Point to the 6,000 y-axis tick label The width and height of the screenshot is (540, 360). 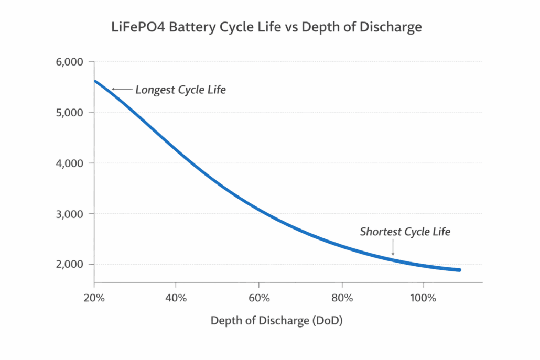(69, 62)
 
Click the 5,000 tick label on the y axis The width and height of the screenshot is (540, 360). (69, 112)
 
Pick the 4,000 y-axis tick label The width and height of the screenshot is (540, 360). (69, 163)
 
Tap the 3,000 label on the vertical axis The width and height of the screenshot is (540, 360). (69, 214)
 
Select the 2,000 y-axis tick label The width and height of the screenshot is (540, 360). (69, 264)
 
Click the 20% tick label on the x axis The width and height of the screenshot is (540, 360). (94, 298)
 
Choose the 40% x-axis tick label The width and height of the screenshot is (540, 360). (176, 298)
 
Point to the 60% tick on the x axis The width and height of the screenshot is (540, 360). (259, 298)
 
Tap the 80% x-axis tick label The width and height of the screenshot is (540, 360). (342, 298)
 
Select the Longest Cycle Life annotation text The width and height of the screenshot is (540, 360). (180, 90)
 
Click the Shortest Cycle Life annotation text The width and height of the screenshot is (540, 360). (405, 232)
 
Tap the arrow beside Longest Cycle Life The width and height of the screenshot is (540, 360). (122, 90)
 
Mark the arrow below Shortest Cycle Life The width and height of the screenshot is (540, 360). (393, 249)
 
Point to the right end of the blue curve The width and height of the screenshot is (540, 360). (459, 270)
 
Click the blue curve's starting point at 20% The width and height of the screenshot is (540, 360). (95, 81)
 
